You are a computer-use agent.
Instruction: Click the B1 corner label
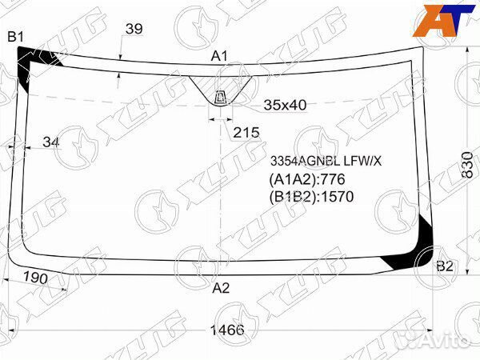[x=16, y=37]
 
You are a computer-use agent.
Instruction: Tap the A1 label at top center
[x=219, y=56]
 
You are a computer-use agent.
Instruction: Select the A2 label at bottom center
[x=221, y=288]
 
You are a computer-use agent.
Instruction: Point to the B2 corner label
[x=445, y=266]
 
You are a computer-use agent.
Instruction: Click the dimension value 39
[x=134, y=29]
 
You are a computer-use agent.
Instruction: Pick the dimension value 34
[x=51, y=142]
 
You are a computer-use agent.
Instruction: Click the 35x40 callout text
[x=285, y=105]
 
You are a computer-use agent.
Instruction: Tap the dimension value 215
[x=246, y=133]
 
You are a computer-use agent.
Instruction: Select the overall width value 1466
[x=227, y=330]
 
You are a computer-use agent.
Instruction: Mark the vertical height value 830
[x=467, y=165]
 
